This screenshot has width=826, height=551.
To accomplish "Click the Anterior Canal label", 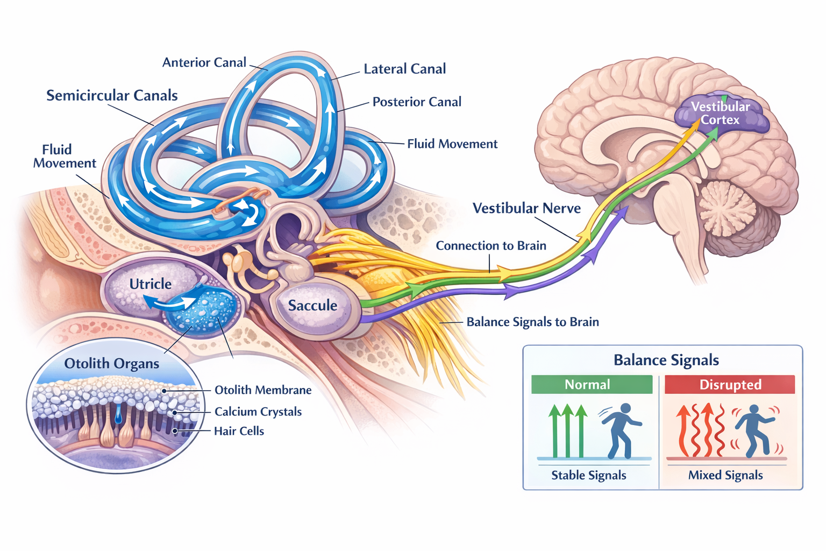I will [x=204, y=62].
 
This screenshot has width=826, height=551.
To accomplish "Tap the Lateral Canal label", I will [x=404, y=69].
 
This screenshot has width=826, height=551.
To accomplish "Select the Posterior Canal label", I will [x=417, y=102].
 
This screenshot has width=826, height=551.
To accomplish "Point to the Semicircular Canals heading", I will [x=112, y=95].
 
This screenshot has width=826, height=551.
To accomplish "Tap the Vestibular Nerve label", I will [x=526, y=208].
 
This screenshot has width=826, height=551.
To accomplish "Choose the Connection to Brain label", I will [x=490, y=246].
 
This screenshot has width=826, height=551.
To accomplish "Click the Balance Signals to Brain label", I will [x=532, y=322].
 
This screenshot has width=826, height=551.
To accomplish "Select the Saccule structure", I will [x=312, y=306].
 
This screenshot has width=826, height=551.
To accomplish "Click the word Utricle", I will [x=151, y=284].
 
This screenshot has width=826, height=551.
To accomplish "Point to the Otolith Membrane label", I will [x=263, y=390].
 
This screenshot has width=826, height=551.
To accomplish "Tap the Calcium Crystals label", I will [x=258, y=412].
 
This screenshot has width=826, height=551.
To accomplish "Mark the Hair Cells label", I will [x=239, y=431].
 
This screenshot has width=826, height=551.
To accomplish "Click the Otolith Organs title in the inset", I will [x=112, y=364].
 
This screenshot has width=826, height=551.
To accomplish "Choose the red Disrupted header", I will [x=730, y=385].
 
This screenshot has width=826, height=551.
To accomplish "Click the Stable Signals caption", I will [x=589, y=475].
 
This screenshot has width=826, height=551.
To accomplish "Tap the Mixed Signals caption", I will [x=725, y=475].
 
